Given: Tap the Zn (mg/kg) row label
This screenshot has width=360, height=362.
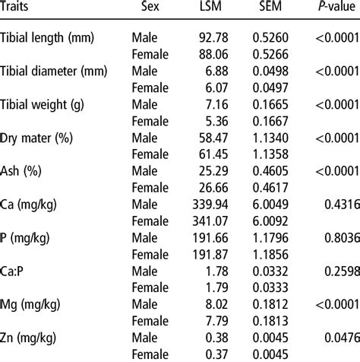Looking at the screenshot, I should [32, 335].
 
